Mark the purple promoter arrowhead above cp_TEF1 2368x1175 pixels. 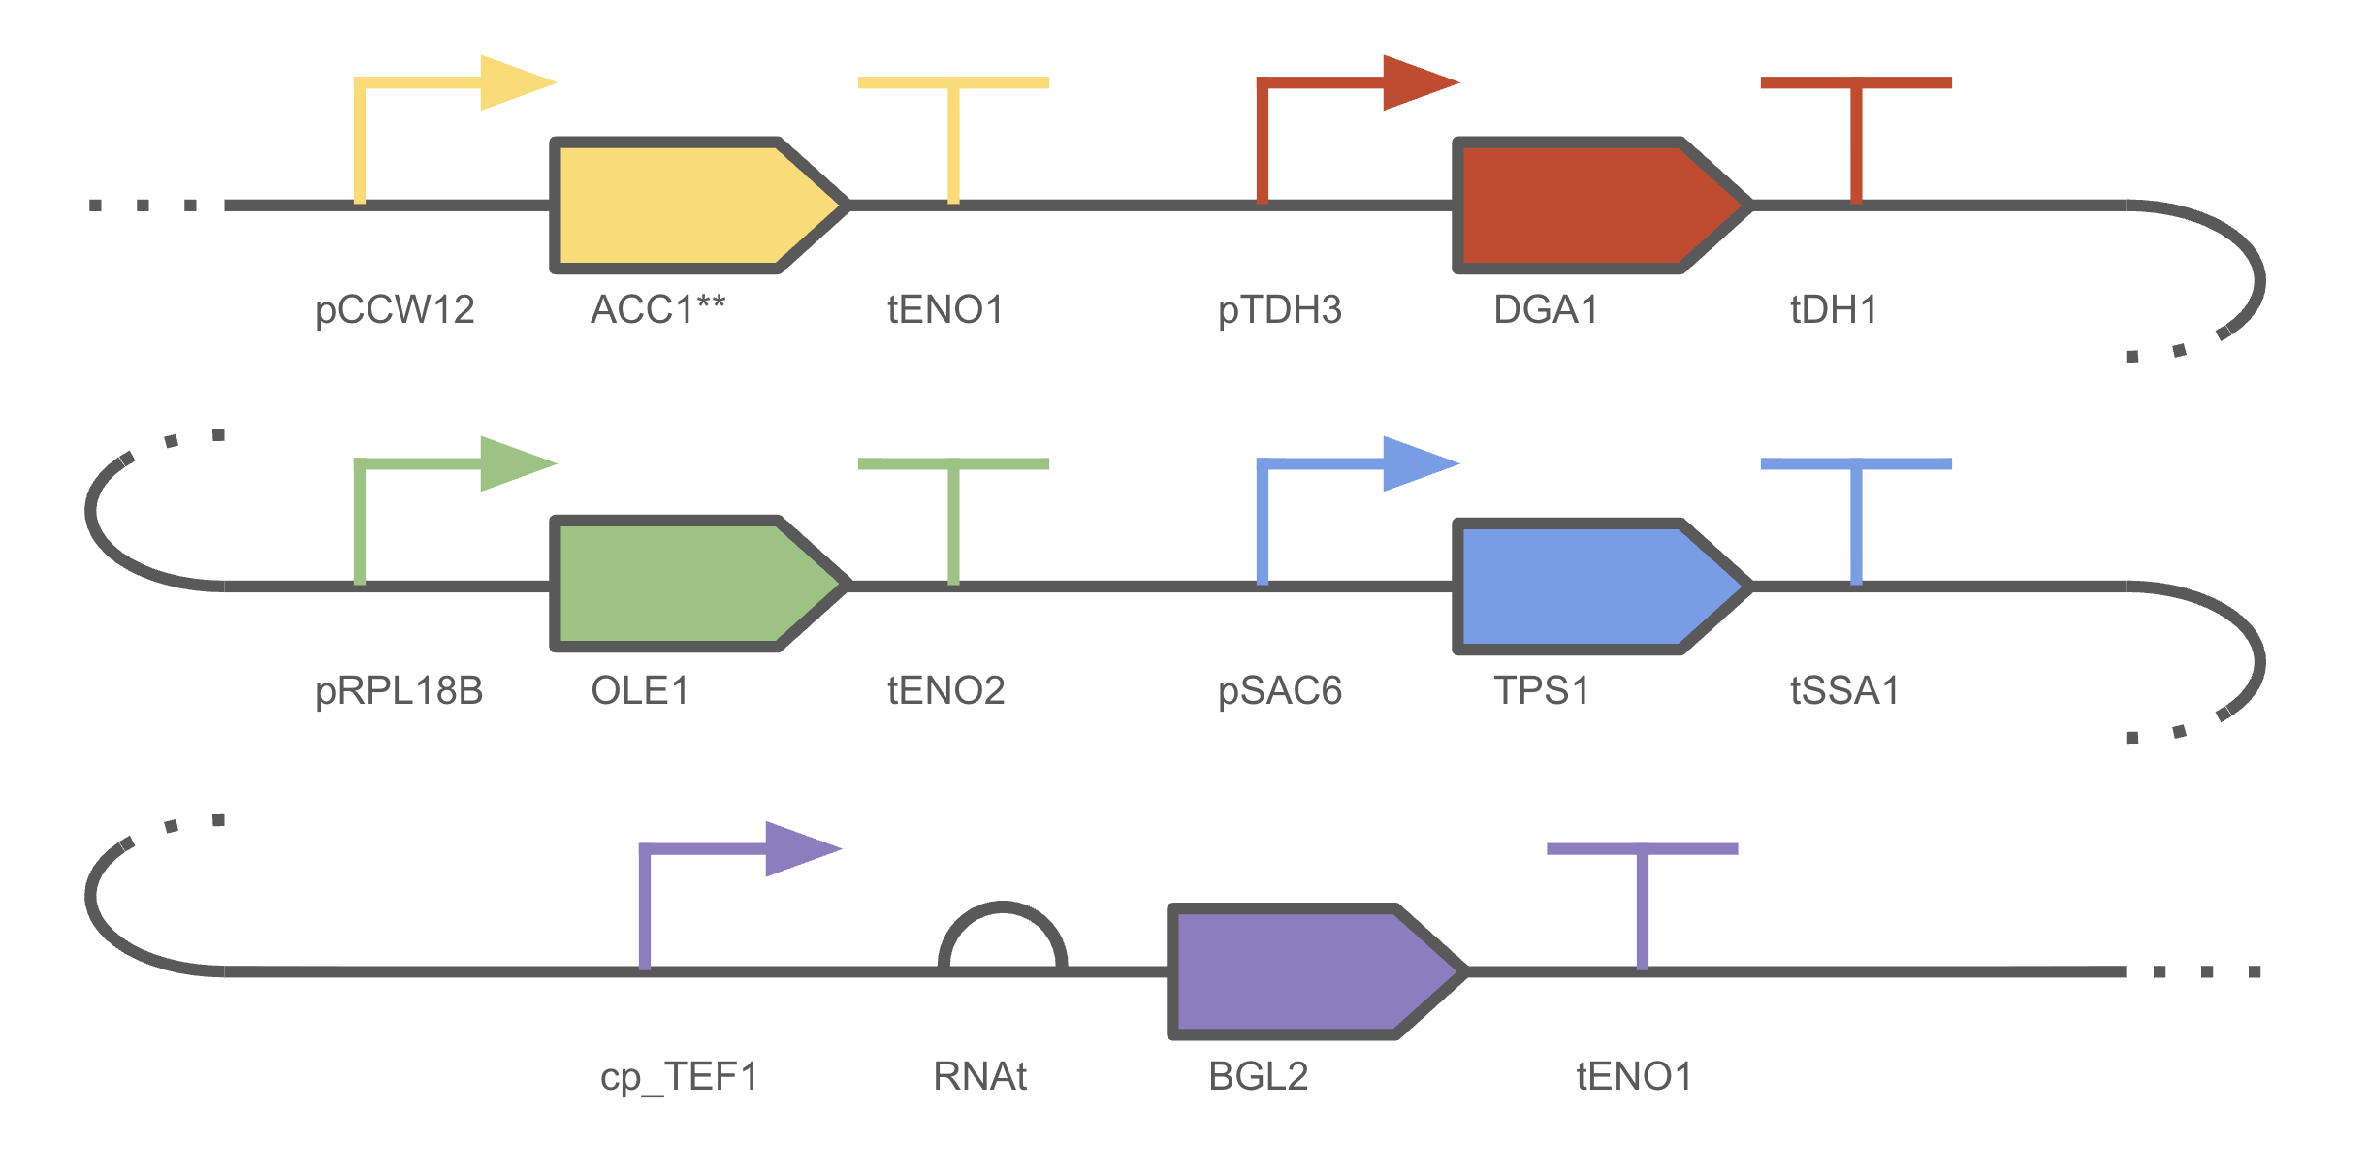point(804,848)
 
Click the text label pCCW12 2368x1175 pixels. point(395,310)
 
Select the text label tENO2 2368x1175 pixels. point(946,691)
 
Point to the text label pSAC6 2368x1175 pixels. point(1280,691)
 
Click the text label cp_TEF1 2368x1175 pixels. point(679,1077)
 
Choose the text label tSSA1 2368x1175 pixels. point(1844,691)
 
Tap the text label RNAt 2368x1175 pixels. point(979,1077)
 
